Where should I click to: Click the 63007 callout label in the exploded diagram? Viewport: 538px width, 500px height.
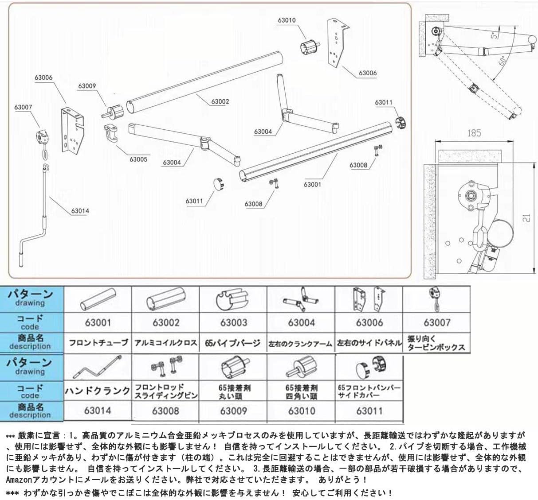click(x=23, y=107)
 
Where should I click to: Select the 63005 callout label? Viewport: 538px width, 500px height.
click(x=138, y=159)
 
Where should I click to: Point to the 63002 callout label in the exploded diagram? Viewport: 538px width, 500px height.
click(x=220, y=101)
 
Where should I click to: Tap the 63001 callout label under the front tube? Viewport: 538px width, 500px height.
click(x=312, y=184)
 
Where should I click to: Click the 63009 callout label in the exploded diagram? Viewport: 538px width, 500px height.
click(x=87, y=86)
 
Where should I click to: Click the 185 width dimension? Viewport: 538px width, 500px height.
click(x=474, y=132)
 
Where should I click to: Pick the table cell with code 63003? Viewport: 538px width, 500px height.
click(x=233, y=323)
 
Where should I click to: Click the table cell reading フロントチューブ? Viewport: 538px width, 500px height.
click(x=98, y=343)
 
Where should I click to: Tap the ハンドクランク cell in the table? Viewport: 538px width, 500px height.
click(x=98, y=391)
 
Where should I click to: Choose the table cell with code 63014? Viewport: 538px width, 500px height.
click(x=98, y=411)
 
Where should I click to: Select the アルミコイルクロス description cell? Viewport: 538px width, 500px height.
click(x=166, y=343)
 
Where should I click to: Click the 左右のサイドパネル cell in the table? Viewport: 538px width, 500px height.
click(x=369, y=343)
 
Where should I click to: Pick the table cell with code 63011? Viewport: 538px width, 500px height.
click(x=369, y=411)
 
